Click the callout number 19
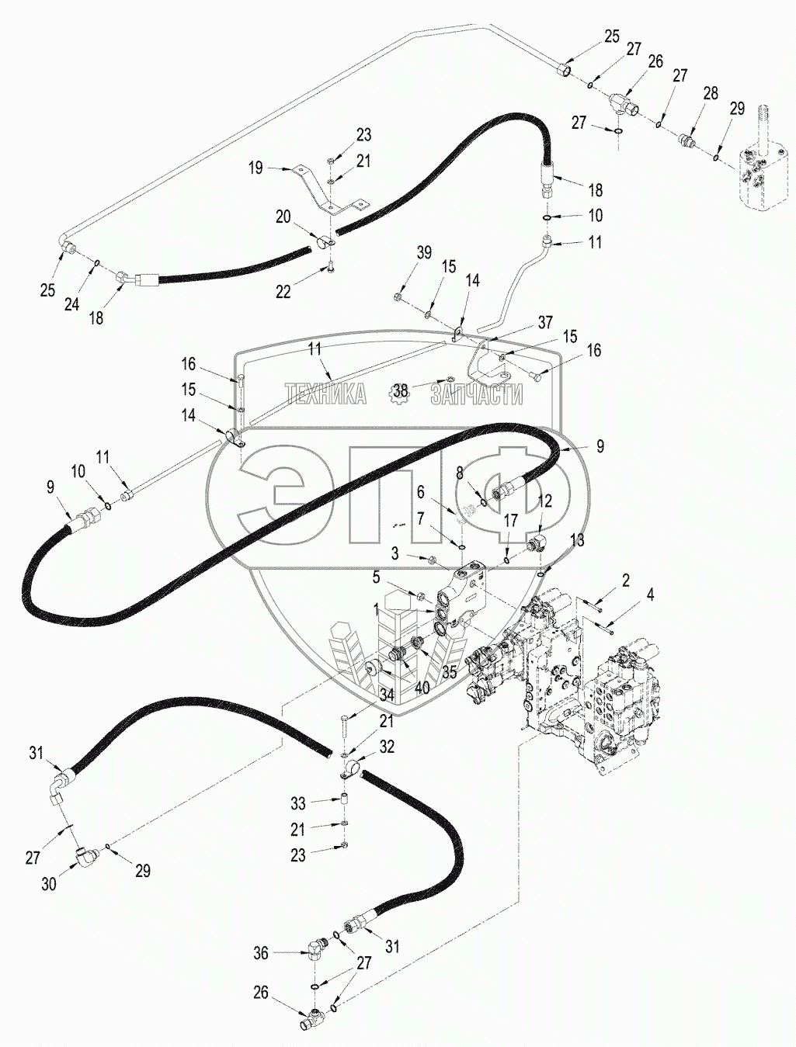pos(256,167)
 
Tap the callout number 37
pos(546,321)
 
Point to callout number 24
pos(71,305)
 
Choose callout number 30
pos(48,882)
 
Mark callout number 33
pos(298,802)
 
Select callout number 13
pos(577,539)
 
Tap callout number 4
pos(651,595)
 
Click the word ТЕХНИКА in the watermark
pos(325,394)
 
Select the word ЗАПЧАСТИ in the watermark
pos(477,394)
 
